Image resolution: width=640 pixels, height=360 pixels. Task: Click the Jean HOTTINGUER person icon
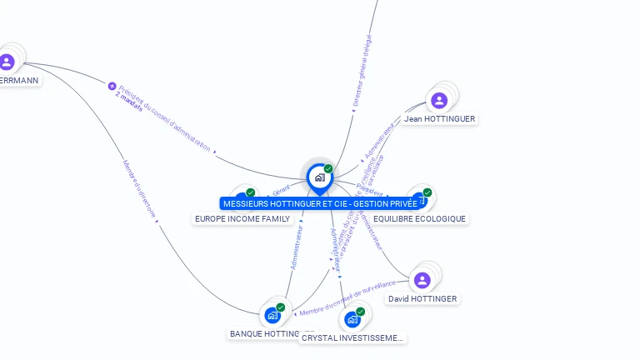tap(439, 101)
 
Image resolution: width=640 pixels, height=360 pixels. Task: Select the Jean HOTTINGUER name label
tap(439, 119)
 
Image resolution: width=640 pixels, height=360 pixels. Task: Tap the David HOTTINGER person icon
tap(422, 280)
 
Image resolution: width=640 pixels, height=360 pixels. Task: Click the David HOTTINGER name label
tap(422, 298)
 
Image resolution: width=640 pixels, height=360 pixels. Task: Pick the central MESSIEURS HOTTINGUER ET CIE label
tap(320, 203)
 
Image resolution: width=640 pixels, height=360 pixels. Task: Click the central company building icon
tap(319, 177)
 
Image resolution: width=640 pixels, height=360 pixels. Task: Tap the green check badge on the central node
tap(328, 169)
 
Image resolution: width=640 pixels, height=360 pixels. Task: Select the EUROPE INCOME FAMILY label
tap(242, 218)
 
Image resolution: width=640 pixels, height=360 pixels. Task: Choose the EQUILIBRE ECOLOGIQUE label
tap(420, 218)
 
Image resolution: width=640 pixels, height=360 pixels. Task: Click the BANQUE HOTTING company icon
tap(272, 315)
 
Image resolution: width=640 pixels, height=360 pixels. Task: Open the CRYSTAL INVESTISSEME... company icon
tap(352, 319)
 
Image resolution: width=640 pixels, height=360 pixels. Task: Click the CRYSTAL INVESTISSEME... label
tap(352, 338)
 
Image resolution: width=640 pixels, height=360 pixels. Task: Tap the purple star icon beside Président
tap(112, 85)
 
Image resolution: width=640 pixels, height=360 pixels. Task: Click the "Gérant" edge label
tap(281, 193)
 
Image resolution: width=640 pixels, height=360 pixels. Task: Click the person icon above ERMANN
tap(7, 62)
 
